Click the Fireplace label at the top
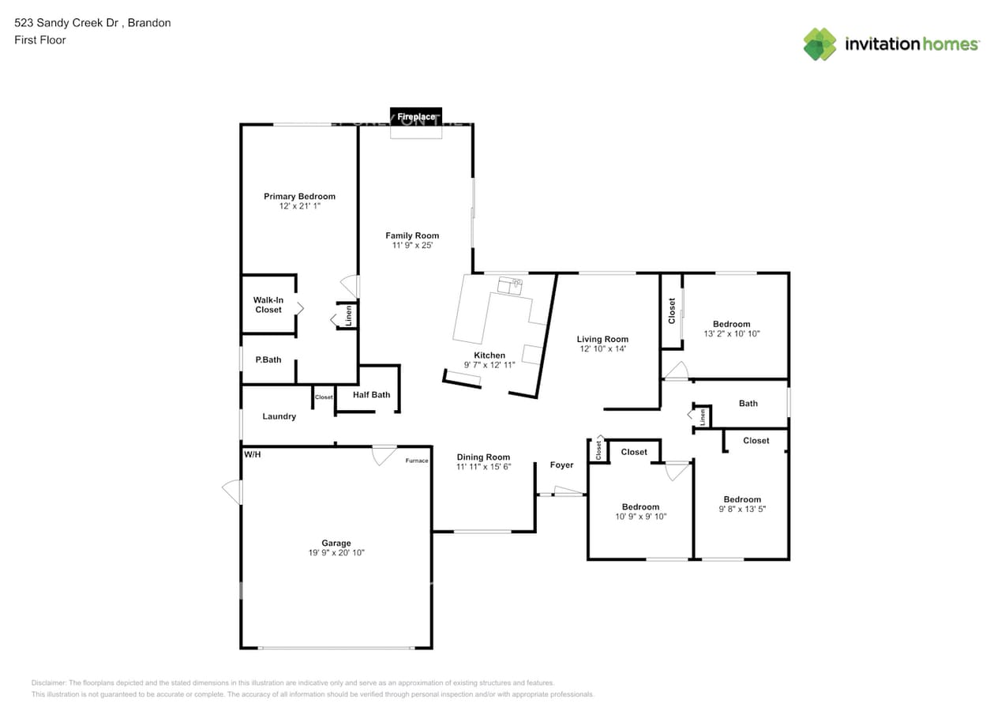tap(416, 117)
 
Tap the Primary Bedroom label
tap(299, 196)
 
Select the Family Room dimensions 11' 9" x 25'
tap(412, 246)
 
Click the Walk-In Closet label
tap(268, 305)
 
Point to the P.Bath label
tap(268, 360)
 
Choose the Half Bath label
tap(371, 395)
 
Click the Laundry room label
tap(279, 416)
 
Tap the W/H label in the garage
tap(253, 455)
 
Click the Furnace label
tap(417, 461)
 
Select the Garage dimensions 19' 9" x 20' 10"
tap(336, 553)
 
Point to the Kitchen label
tap(489, 355)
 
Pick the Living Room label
tap(602, 339)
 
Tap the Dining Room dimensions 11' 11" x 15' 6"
tap(483, 467)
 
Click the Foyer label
tap(561, 465)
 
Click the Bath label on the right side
tap(748, 404)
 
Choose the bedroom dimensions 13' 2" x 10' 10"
tap(731, 334)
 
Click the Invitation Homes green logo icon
tap(819, 44)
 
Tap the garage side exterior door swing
tap(232, 491)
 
